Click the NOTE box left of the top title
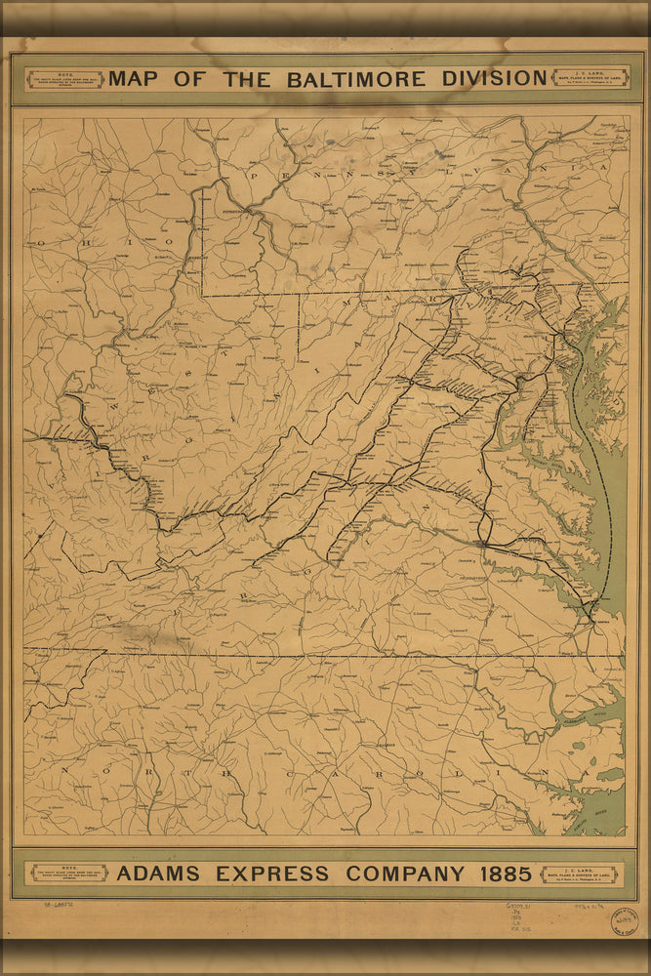click(x=65, y=79)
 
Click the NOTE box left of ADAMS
click(x=69, y=873)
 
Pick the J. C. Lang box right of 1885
click(x=579, y=874)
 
